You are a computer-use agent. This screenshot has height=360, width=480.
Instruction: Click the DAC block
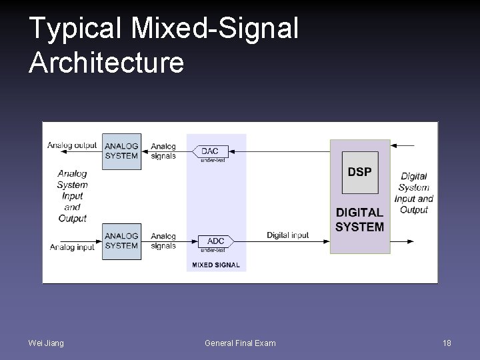point(210,151)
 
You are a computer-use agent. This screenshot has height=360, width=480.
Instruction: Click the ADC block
point(216,241)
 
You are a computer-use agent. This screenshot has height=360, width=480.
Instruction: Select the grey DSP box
point(360,173)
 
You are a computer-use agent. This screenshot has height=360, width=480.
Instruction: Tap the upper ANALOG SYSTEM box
point(121,151)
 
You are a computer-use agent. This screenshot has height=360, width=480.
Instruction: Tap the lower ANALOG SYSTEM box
point(121,241)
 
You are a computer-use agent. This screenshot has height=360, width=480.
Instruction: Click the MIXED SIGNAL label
point(216,265)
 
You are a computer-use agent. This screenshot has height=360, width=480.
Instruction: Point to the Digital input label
point(288,235)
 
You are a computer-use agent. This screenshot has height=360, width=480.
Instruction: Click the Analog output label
point(72,145)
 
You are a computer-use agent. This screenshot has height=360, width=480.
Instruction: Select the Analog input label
point(72,247)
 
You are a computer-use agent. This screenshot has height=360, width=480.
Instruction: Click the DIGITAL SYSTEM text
point(360,220)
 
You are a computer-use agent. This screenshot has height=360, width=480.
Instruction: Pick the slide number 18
point(447,343)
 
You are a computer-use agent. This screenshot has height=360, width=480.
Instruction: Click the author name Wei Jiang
point(46,343)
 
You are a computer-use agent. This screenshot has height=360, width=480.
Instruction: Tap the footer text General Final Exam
point(240,343)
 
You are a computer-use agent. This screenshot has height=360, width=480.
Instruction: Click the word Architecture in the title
point(106,62)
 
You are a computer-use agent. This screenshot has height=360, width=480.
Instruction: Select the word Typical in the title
point(75,29)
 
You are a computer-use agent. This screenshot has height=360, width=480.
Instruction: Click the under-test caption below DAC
point(213,160)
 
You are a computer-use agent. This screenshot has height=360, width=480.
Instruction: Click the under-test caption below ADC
point(213,250)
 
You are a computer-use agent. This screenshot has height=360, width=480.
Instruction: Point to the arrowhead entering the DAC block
point(232,151)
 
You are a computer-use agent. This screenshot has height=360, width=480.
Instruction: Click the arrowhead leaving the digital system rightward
point(411,241)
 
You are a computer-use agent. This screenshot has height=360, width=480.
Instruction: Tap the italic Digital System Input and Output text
point(414,193)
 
